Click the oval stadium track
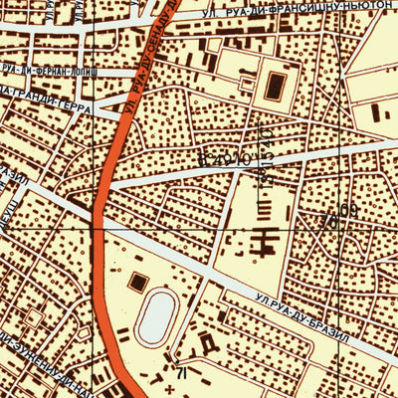(x=157, y=317)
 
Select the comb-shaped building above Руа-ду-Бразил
(x=264, y=239)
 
